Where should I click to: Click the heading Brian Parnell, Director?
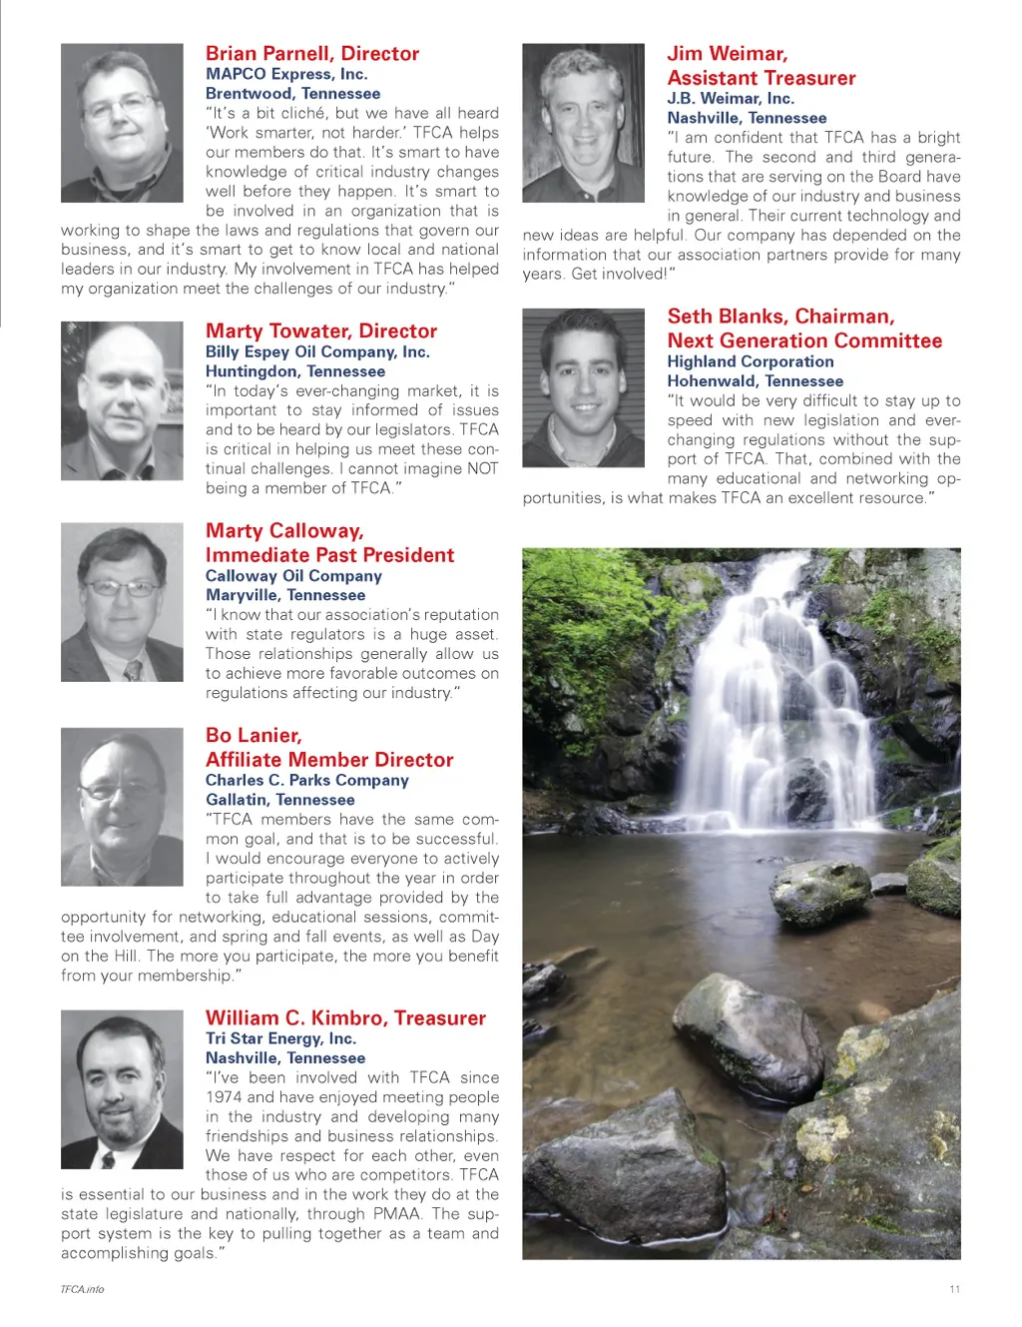click(x=312, y=54)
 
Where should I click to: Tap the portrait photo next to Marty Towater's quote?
click(x=122, y=400)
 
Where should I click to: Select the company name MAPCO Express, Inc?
click(x=286, y=74)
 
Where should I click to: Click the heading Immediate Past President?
click(x=329, y=555)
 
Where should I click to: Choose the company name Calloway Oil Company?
click(x=293, y=576)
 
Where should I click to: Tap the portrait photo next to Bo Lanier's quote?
click(x=122, y=807)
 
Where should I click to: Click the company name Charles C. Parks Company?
click(x=307, y=780)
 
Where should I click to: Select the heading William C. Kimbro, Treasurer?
click(x=345, y=1018)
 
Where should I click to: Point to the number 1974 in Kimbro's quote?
click(x=224, y=1097)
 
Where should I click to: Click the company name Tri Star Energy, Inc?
click(x=280, y=1038)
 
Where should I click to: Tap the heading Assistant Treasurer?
click(x=762, y=78)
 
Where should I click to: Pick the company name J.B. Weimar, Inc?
click(x=731, y=98)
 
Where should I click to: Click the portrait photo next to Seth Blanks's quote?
click(x=584, y=387)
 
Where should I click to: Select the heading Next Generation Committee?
click(x=804, y=340)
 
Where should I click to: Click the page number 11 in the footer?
click(x=955, y=1289)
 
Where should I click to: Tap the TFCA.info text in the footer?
click(x=82, y=1289)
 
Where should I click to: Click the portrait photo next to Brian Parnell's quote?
click(x=122, y=123)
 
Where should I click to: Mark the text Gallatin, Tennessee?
click(x=280, y=800)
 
